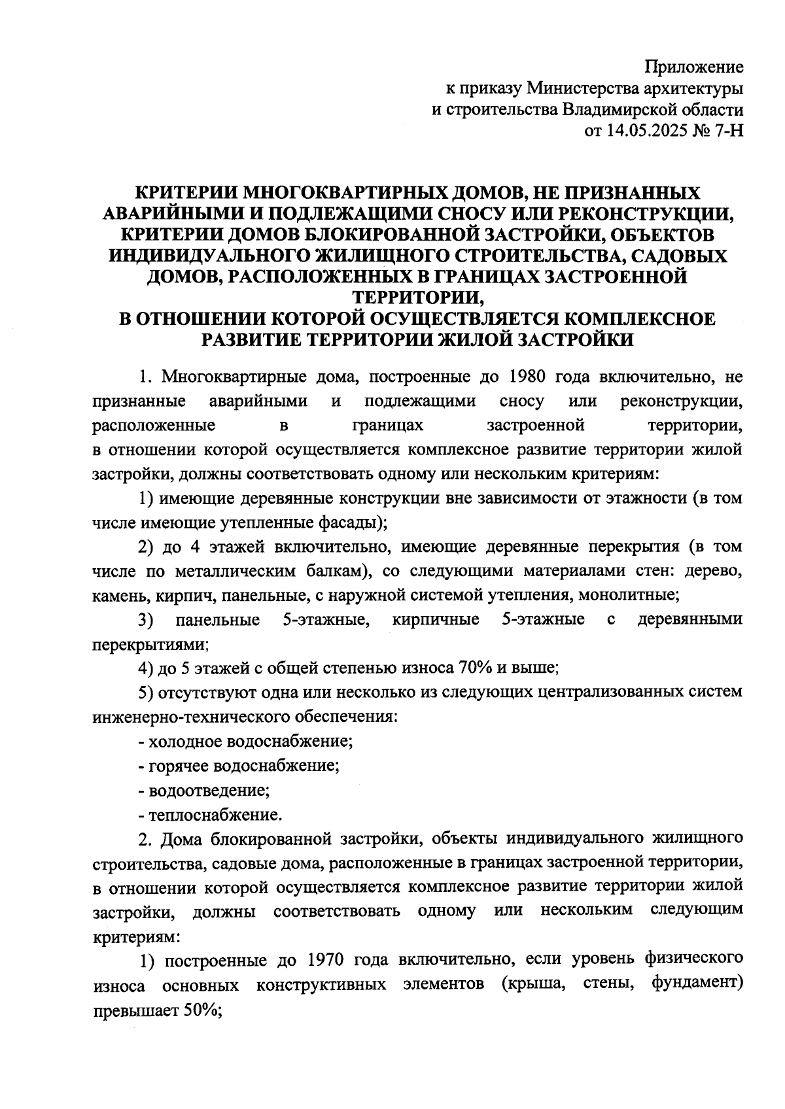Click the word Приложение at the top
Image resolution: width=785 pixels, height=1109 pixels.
[x=694, y=67]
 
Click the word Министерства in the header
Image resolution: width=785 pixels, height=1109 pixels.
[x=587, y=88]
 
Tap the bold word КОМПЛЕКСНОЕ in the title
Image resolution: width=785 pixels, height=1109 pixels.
[x=640, y=319]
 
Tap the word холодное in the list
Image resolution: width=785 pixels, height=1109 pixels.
[x=184, y=742]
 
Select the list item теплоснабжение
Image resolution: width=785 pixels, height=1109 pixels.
[x=215, y=815]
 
